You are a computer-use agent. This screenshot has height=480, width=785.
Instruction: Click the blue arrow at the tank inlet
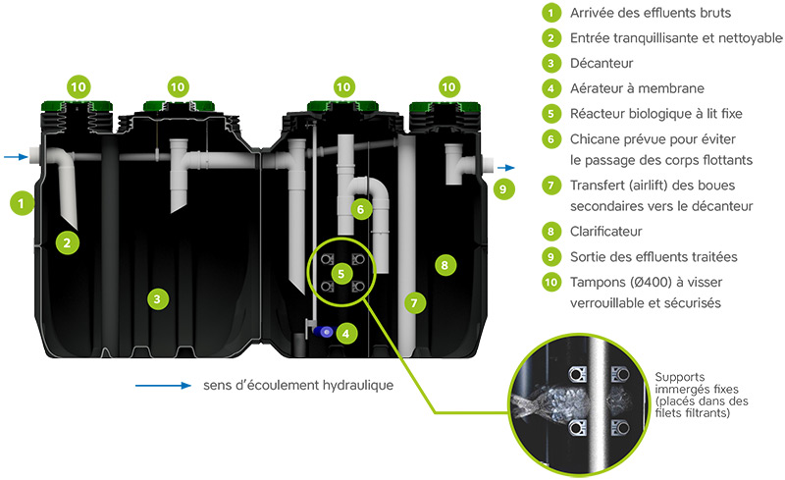16,157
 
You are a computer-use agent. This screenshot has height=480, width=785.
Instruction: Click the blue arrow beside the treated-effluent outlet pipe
506,168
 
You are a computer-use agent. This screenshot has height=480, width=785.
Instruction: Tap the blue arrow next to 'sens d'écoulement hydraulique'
163,386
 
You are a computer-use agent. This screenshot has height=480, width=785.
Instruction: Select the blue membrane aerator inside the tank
324,331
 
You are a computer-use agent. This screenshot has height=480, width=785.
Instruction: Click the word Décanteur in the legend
602,63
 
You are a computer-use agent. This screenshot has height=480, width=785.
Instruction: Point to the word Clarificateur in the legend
605,232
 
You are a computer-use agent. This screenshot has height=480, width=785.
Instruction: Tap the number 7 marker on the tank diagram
414,303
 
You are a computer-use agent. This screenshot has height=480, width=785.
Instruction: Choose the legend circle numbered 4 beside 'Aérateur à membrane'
550,88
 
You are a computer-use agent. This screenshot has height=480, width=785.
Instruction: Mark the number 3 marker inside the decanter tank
157,299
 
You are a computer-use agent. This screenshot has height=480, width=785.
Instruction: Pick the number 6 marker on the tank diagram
360,209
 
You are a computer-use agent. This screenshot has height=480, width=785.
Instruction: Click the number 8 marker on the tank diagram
445,265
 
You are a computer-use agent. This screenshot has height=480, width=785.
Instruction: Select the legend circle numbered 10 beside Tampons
550,283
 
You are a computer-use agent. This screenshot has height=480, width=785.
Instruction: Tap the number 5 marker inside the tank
341,274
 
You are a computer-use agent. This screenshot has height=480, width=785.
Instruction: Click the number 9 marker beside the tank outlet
503,189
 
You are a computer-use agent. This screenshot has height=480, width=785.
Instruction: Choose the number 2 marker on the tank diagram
67,243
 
